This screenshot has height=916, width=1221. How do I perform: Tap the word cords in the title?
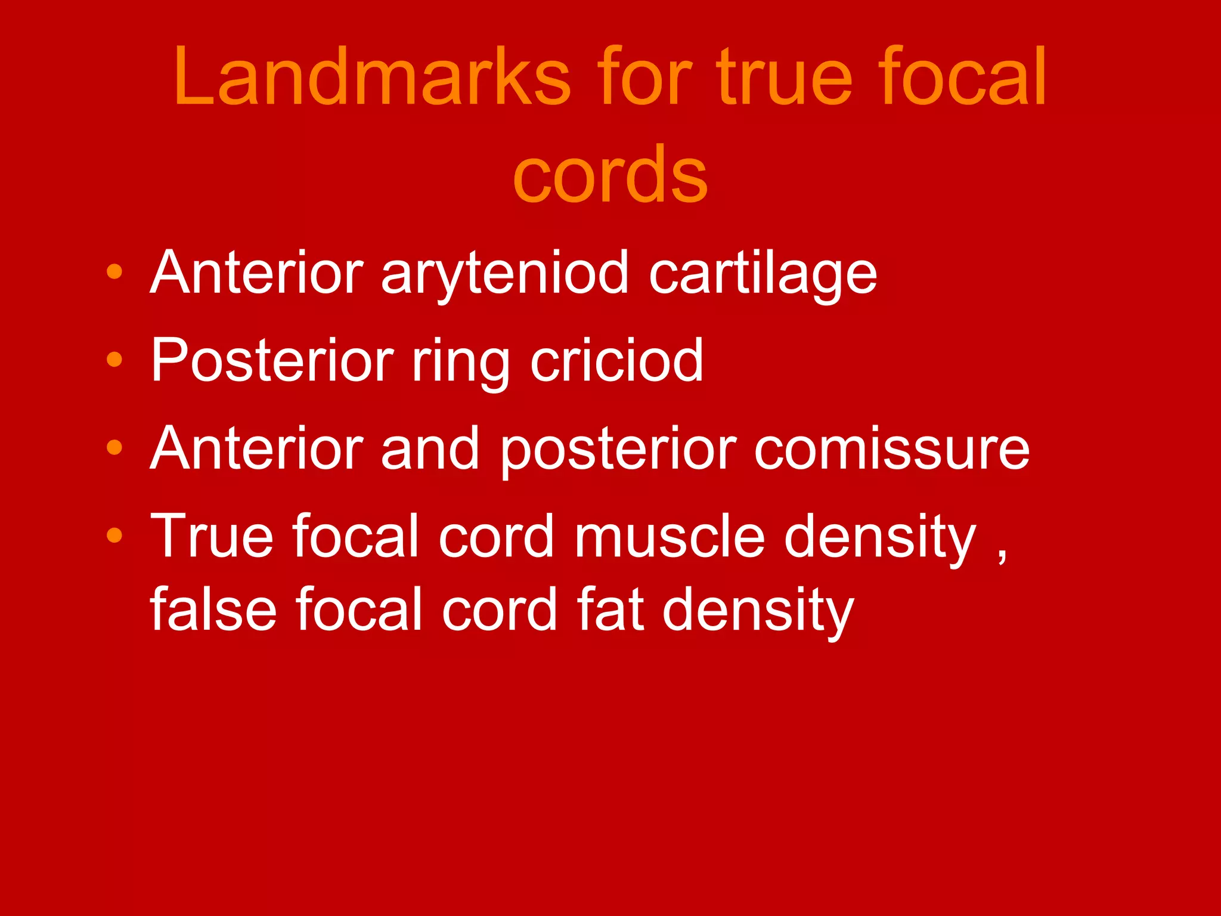610,174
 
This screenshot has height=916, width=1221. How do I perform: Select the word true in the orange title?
785,78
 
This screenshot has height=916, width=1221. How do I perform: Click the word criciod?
616,360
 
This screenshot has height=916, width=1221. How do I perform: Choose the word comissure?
892,448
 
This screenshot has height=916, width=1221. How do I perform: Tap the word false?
213,609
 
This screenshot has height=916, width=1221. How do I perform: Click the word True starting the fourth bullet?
212,537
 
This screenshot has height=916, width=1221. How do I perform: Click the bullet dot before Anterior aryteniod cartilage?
114,272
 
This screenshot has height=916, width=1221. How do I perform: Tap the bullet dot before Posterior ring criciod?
114,360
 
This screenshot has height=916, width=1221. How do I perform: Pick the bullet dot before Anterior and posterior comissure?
114,447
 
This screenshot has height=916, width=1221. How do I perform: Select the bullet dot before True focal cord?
114,535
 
